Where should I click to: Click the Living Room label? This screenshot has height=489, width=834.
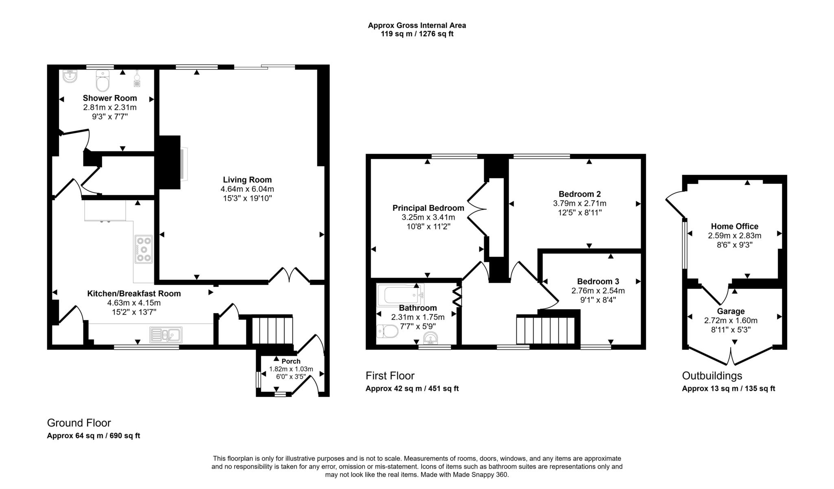pyautogui.click(x=247, y=179)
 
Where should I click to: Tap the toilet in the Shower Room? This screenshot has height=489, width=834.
pyautogui.click(x=103, y=81)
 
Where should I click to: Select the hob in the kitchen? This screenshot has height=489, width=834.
pyautogui.click(x=144, y=249)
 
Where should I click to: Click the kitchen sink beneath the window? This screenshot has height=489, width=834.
pyautogui.click(x=166, y=335)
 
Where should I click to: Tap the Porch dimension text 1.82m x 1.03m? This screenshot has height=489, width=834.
pyautogui.click(x=291, y=369)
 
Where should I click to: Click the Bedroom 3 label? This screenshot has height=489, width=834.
pyautogui.click(x=598, y=282)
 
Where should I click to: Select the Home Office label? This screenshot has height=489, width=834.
pyautogui.click(x=735, y=226)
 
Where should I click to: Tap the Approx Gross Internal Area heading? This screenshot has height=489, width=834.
pyautogui.click(x=417, y=25)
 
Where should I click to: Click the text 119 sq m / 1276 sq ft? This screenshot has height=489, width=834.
pyautogui.click(x=417, y=34)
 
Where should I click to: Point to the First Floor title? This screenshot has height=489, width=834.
pyautogui.click(x=390, y=375)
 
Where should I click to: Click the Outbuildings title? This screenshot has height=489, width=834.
pyautogui.click(x=712, y=375)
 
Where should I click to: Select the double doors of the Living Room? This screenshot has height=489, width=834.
pyautogui.click(x=289, y=275)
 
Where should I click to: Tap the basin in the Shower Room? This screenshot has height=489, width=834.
pyautogui.click(x=70, y=76)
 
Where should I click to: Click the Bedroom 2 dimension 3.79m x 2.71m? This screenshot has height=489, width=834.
pyautogui.click(x=579, y=203)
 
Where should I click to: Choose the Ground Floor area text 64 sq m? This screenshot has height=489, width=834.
pyautogui.click(x=93, y=436)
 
